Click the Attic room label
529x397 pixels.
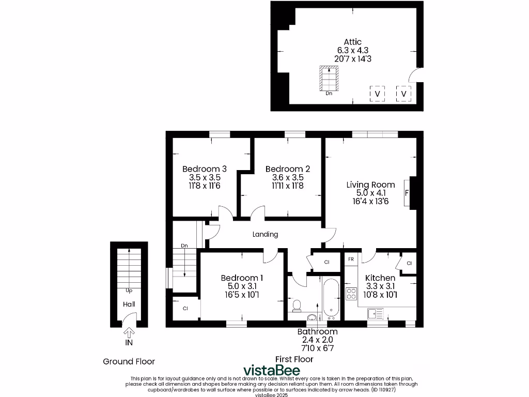(353, 42)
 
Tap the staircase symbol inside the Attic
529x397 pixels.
(329, 78)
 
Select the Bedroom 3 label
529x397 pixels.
(205, 169)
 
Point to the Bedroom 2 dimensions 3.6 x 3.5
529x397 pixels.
(288, 177)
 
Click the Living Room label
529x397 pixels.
(370, 185)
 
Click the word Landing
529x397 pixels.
(265, 234)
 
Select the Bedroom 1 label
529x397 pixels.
(242, 278)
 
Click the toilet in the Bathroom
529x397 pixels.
(297, 306)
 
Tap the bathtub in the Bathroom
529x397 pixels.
(331, 298)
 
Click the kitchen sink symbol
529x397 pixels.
(375, 313)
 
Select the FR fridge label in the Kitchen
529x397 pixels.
(351, 258)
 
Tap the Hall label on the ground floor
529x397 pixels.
(129, 304)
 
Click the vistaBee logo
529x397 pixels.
(271, 370)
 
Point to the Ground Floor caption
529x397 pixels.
(129, 361)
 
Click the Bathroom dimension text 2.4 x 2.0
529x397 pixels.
(317, 340)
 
